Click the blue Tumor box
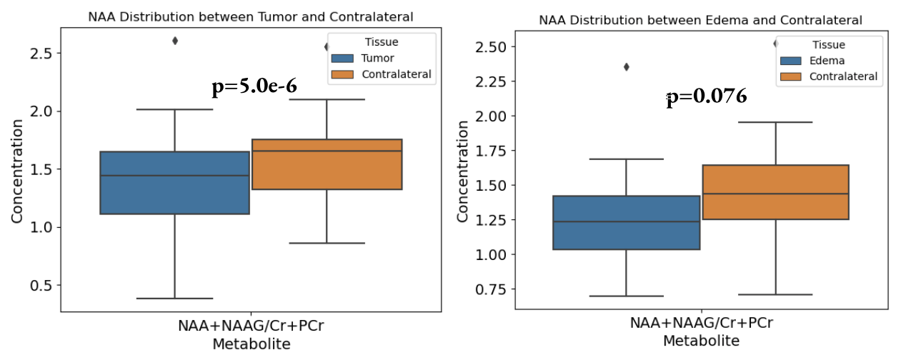pos(174,182)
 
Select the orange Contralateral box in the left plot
pos(327,164)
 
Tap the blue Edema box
pos(626,222)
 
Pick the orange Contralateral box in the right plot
pos(775,192)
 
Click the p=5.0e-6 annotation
pos(254,87)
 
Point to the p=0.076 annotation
pos(707,96)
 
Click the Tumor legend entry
pos(377,58)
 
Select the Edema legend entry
pos(822,61)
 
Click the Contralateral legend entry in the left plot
pos(397,74)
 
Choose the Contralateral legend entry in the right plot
pos(842,76)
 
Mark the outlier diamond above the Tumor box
pos(175,41)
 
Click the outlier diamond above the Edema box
pos(627,67)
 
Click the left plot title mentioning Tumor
pos(251,16)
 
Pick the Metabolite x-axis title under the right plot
pos(701,341)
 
